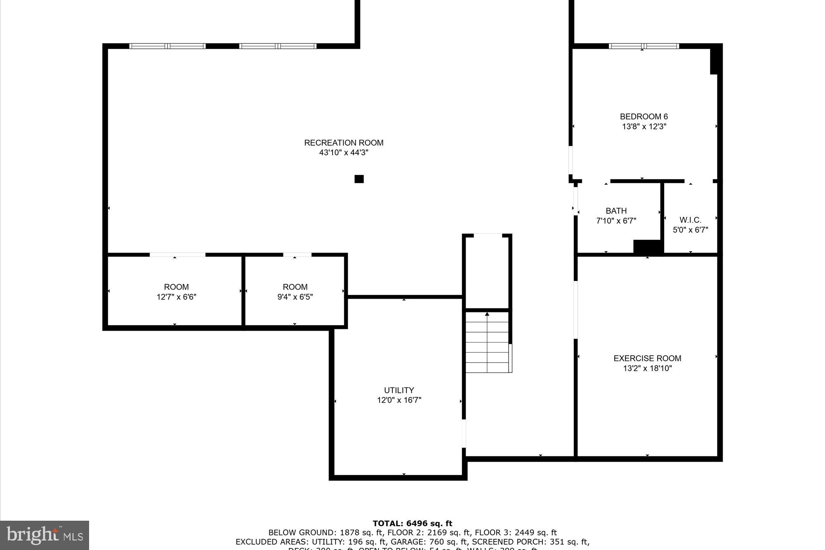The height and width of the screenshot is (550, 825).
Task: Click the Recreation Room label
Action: tap(344, 143)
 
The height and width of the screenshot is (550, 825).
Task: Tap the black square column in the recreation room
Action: tap(359, 179)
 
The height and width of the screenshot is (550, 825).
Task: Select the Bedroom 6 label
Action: tap(643, 117)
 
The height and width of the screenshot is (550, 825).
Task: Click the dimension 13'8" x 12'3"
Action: tap(644, 127)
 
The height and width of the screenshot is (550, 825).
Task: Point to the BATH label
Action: tap(616, 211)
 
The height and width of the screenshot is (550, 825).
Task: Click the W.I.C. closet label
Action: tap(690, 220)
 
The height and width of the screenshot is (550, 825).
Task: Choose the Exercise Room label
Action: tap(647, 358)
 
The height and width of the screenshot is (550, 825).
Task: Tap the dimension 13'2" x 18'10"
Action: tap(647, 368)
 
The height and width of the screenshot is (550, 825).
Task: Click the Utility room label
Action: tap(398, 390)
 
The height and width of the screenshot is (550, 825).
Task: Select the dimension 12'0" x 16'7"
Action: tap(399, 400)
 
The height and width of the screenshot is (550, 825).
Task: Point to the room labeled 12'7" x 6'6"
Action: tap(176, 292)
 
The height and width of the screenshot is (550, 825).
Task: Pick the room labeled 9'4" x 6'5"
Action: tap(295, 292)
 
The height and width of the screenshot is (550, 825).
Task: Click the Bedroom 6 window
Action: tap(643, 46)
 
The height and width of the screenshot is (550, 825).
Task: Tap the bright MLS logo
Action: tap(45, 535)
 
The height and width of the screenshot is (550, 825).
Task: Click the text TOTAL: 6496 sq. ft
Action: tap(412, 524)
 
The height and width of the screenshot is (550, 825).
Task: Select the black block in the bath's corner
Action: tap(648, 246)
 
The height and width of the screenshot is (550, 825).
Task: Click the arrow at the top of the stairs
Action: tap(487, 314)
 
